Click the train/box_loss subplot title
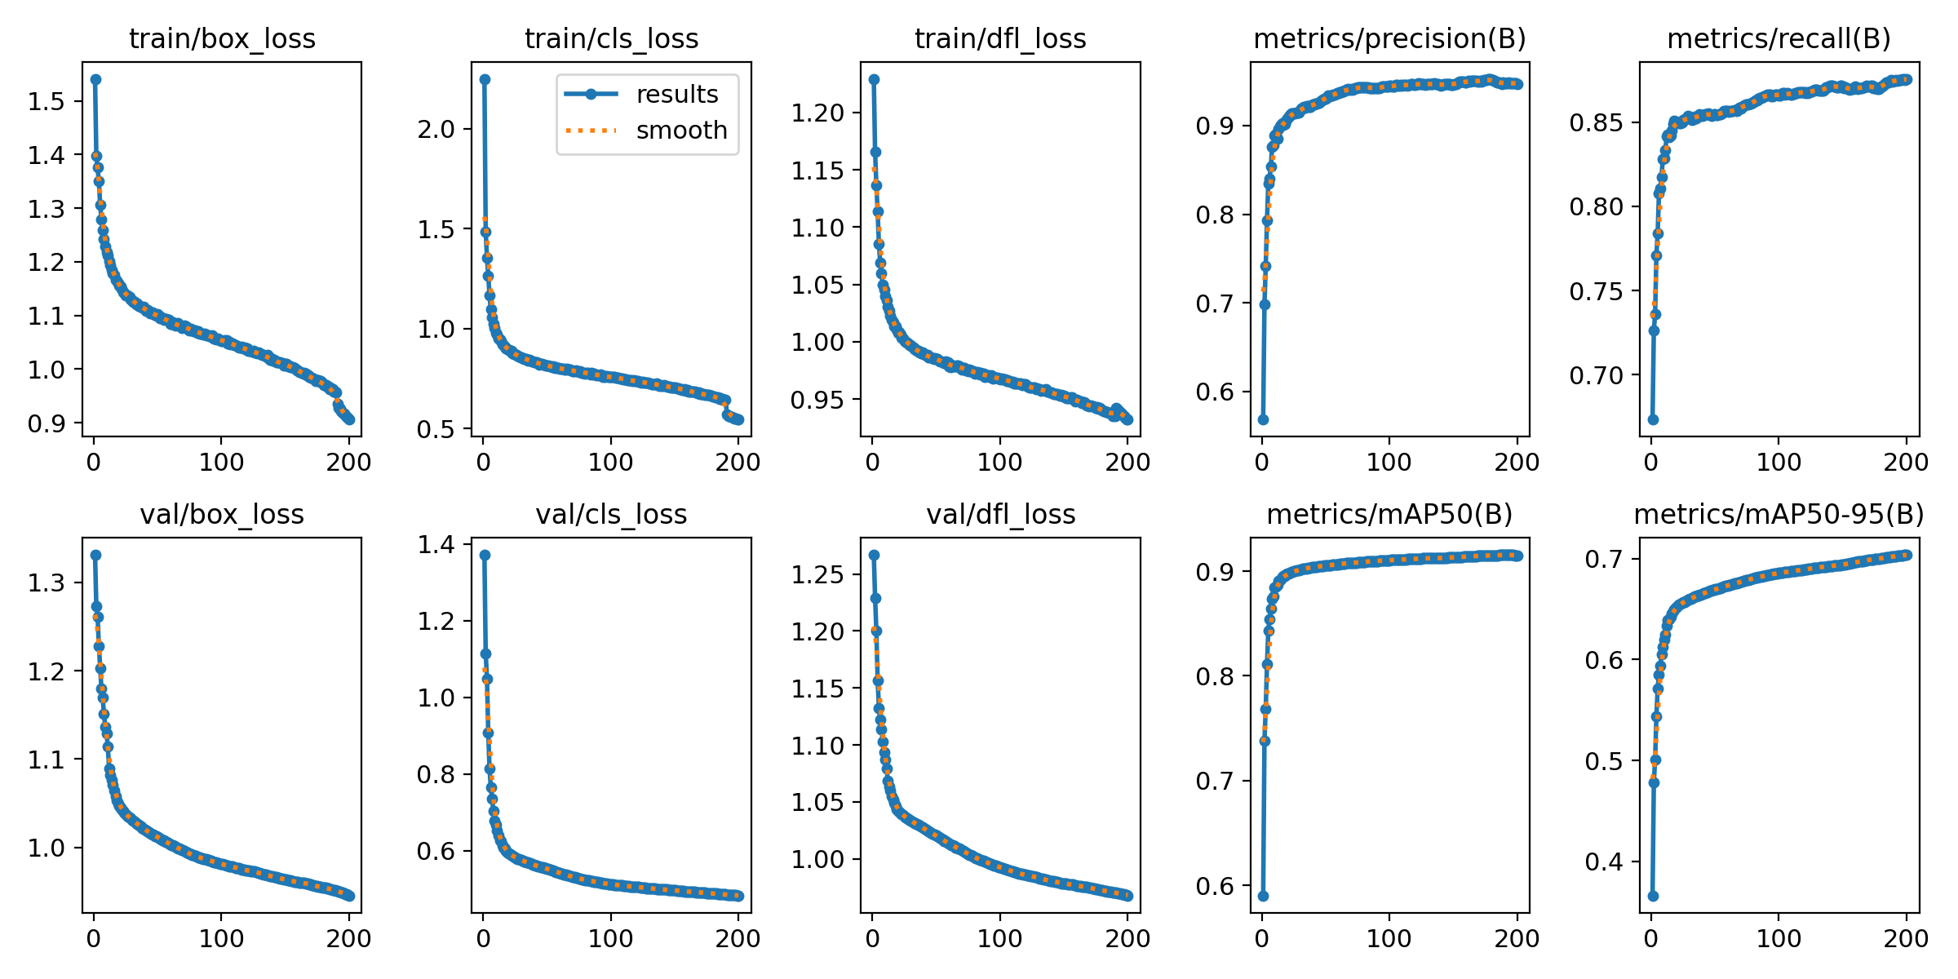click(x=222, y=38)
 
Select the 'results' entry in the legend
click(x=677, y=95)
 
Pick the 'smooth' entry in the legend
click(x=681, y=131)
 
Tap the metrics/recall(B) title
click(x=1779, y=38)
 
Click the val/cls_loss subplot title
click(x=611, y=515)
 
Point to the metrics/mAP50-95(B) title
click(x=1779, y=515)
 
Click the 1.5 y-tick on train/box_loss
click(x=46, y=101)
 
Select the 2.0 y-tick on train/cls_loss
click(x=436, y=129)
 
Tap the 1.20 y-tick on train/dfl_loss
click(x=817, y=113)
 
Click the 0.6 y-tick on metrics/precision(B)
click(x=1216, y=392)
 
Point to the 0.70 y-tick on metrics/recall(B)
click(x=1597, y=376)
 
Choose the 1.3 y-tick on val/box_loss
click(x=46, y=583)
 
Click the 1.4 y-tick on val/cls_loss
click(x=436, y=545)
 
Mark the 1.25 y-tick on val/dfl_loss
click(x=817, y=574)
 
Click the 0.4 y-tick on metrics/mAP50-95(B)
click(x=1605, y=862)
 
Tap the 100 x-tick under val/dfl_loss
click(x=1000, y=939)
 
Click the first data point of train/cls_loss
click(x=485, y=79)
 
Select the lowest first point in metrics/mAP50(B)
click(x=1263, y=896)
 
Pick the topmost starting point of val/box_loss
click(x=95, y=555)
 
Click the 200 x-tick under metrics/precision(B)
click(x=1517, y=463)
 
